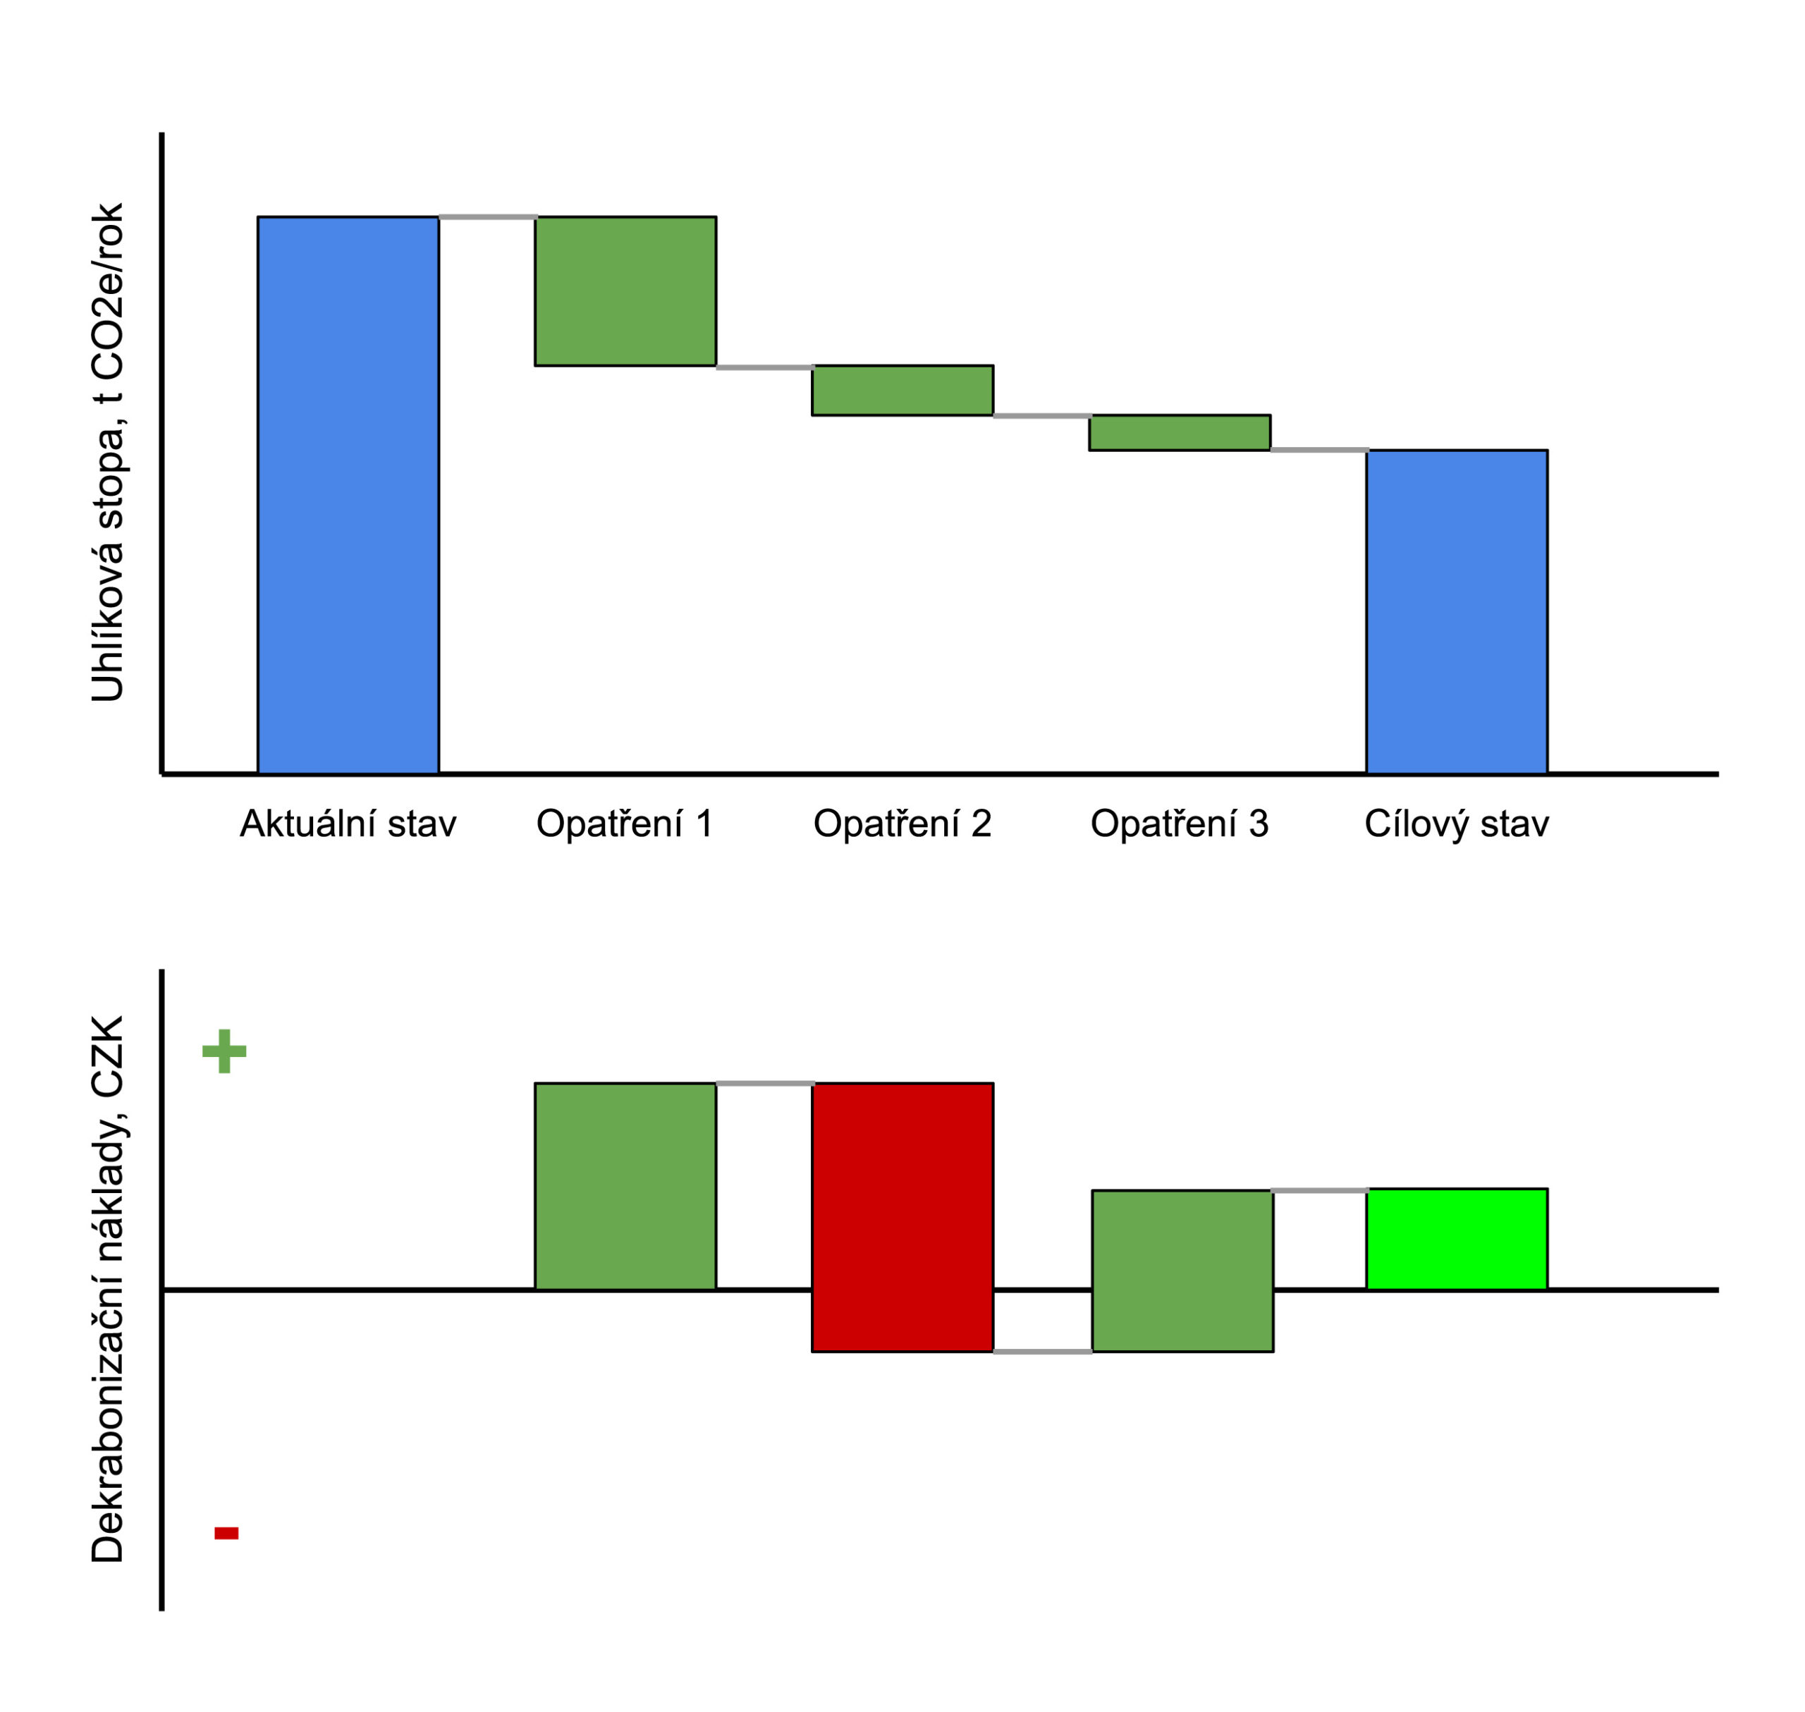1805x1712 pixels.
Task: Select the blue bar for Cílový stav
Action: pos(1457,611)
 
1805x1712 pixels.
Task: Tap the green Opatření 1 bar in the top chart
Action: pos(625,291)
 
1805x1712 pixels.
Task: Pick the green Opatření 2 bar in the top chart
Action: pos(902,391)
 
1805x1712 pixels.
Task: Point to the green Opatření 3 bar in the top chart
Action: pos(1180,432)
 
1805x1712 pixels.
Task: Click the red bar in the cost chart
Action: pos(902,1218)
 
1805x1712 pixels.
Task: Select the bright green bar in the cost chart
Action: pos(1457,1240)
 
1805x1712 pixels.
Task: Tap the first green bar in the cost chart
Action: pos(625,1187)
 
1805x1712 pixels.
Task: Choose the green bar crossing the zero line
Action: pos(1182,1271)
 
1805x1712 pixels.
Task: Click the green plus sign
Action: pos(224,1051)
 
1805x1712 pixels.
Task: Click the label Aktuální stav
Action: pos(348,824)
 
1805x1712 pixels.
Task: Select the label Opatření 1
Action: pos(625,824)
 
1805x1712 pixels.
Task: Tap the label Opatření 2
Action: pos(902,824)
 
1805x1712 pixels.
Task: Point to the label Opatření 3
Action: pos(1180,824)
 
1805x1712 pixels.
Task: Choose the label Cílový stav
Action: pos(1457,824)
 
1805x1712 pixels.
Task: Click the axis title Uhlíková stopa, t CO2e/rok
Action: pos(108,453)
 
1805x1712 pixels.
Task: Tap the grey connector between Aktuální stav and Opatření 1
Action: pos(487,217)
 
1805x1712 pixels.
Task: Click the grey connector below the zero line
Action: pos(1042,1352)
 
